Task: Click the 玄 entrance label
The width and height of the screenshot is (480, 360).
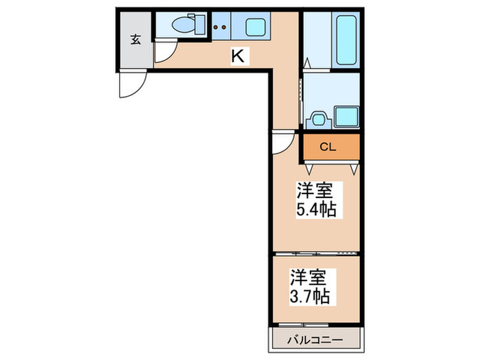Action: [x=135, y=40]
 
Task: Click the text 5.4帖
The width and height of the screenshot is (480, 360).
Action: [x=316, y=209]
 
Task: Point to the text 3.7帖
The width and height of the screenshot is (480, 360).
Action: [x=309, y=296]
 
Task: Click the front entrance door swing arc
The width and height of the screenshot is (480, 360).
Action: [x=130, y=85]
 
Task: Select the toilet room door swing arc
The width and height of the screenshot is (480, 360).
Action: [x=165, y=51]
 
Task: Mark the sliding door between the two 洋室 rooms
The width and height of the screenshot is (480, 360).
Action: [x=315, y=254]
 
